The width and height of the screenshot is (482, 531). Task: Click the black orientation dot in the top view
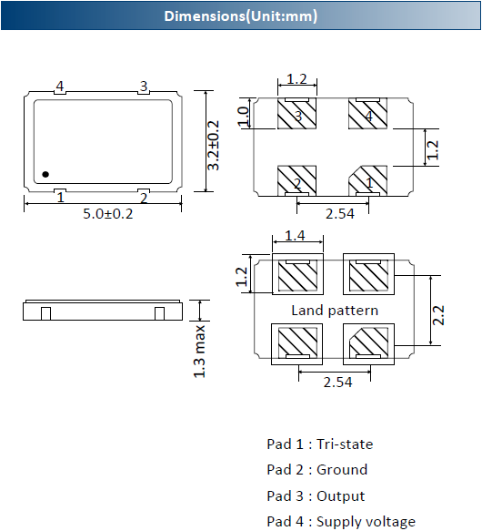tap(45, 174)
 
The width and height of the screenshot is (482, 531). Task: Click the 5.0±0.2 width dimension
tap(108, 214)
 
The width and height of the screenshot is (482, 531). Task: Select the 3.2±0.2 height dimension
tap(213, 146)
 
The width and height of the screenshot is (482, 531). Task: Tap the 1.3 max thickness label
tap(199, 352)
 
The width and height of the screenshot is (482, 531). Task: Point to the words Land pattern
tap(335, 311)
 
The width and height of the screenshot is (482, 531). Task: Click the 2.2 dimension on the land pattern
tap(438, 315)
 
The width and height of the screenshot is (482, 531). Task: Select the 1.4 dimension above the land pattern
tap(295, 235)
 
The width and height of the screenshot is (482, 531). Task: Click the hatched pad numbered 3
tap(297, 114)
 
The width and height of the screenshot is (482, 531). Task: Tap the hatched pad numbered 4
tap(368, 114)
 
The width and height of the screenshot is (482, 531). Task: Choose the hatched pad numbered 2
tap(297, 181)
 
